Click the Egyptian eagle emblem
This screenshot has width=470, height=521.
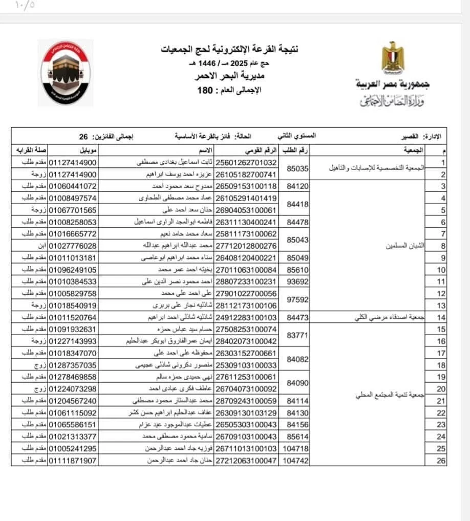coord(393,57)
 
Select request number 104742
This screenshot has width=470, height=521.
coord(295,461)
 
